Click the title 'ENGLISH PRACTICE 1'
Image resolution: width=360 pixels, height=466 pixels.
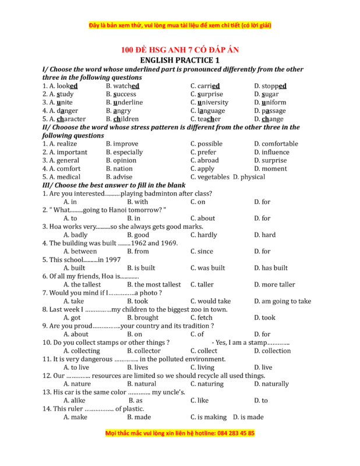click(x=180, y=60)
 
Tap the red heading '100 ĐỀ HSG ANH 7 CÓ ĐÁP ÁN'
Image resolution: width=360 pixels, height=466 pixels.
click(x=180, y=50)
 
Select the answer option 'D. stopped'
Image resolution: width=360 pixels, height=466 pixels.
click(x=270, y=86)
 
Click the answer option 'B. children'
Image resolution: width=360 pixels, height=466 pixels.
click(x=122, y=119)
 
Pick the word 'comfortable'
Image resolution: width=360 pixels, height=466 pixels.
click(x=276, y=144)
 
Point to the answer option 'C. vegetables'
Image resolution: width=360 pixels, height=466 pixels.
click(x=210, y=177)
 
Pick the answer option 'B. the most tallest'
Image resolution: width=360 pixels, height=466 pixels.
click(x=154, y=285)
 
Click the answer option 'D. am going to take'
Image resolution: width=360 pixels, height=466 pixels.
click(x=283, y=301)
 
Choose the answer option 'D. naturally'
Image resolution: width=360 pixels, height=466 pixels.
click(x=271, y=384)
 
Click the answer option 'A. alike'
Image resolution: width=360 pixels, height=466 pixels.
click(x=74, y=401)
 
